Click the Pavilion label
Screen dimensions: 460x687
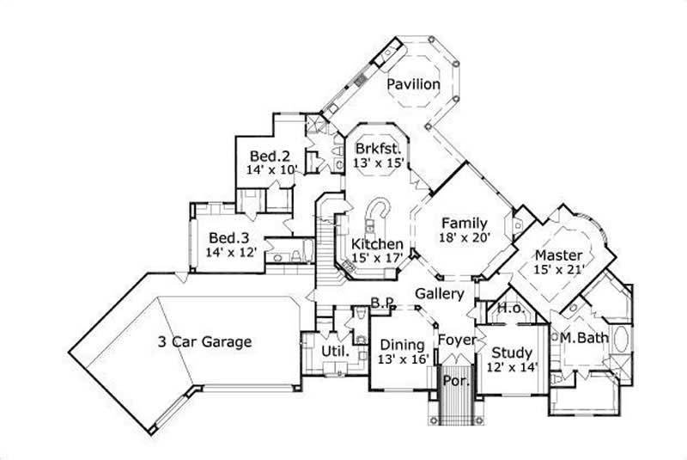tap(413, 84)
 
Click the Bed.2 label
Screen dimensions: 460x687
tap(269, 156)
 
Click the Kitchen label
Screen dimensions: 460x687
tap(377, 244)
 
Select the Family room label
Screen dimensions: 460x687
tap(465, 224)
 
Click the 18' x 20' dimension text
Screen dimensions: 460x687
tap(464, 239)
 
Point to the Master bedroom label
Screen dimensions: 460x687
tap(558, 255)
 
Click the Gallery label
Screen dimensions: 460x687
tap(440, 293)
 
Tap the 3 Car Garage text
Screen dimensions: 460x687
tap(204, 341)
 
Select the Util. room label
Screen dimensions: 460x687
tap(334, 352)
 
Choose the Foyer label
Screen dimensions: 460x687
tap(457, 340)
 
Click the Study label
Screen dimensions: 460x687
tap(512, 353)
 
